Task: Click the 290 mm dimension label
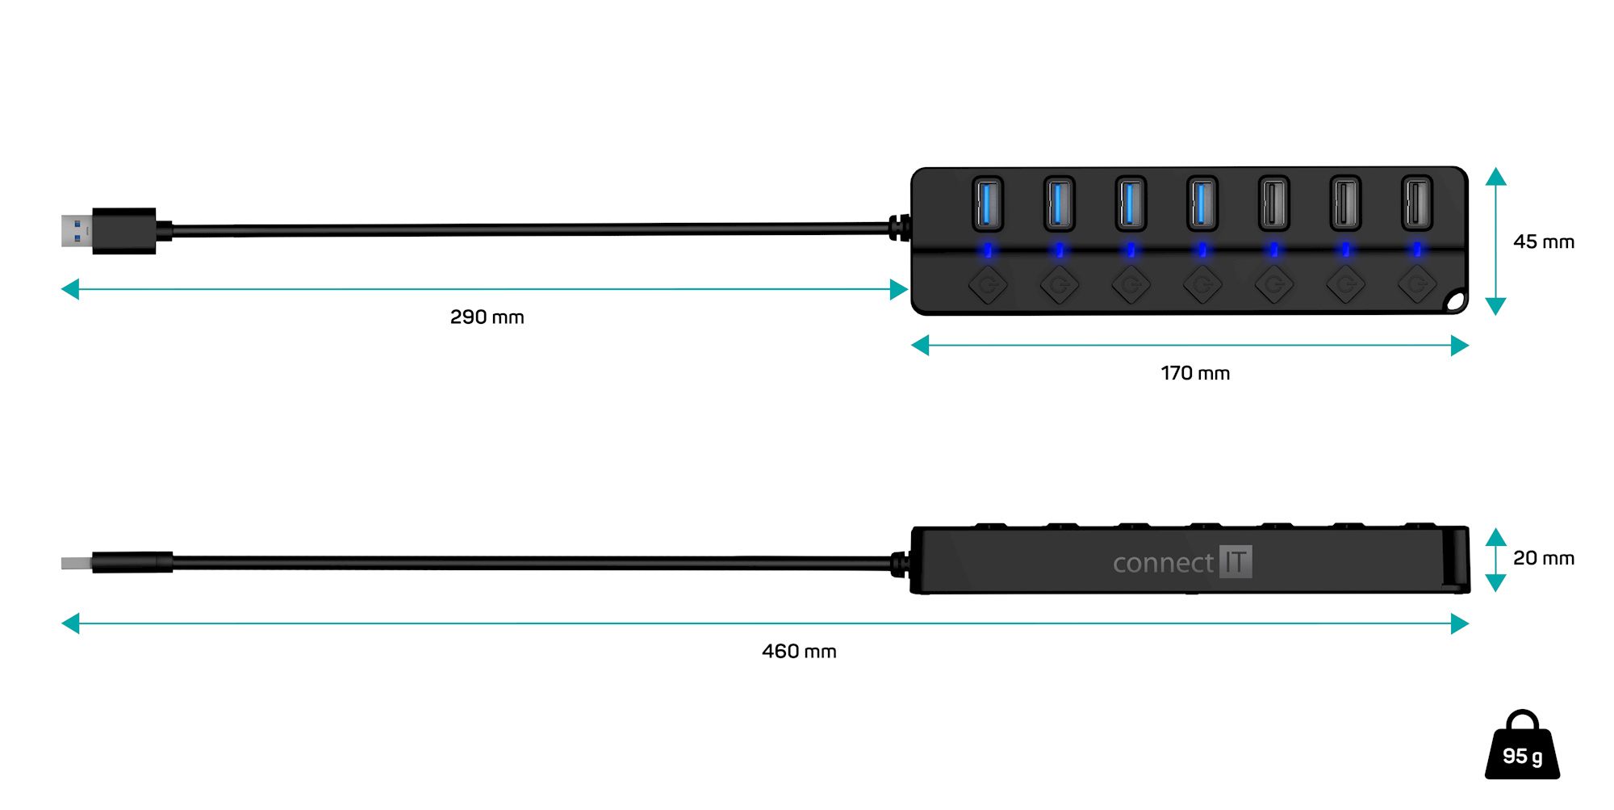pos(487,317)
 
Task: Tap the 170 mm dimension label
pos(1195,374)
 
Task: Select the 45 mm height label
pos(1543,242)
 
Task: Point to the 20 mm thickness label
pos(1543,559)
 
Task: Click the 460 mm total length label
pos(799,652)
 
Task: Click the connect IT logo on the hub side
pos(1182,562)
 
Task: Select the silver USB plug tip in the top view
pos(76,230)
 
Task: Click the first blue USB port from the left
pos(988,204)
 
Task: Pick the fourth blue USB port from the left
pos(1202,204)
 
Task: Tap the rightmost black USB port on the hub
pos(1416,204)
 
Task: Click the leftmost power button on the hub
pos(988,285)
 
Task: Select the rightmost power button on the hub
pos(1416,285)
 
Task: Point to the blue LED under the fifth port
pos(1273,250)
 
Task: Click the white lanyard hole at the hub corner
pos(1456,302)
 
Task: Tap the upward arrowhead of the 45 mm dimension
pos(1495,177)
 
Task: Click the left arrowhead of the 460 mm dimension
pos(70,623)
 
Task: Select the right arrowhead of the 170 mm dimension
pos(1460,346)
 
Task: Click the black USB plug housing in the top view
pos(123,231)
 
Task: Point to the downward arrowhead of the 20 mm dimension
pos(1495,583)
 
